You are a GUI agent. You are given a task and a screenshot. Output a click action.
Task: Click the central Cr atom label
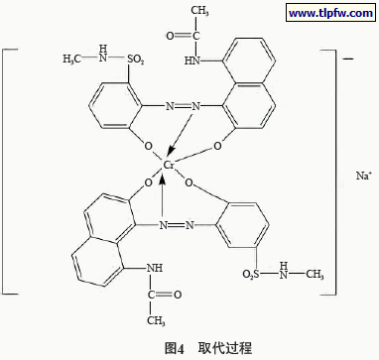point(169,165)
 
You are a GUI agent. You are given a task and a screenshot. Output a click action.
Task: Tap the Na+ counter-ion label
point(363,176)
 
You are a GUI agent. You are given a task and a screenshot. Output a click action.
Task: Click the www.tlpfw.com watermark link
point(330,13)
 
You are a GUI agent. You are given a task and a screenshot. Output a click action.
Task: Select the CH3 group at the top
point(199,11)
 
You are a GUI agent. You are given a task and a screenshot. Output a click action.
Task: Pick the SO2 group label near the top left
point(136,60)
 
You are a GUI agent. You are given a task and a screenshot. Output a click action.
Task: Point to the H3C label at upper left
point(72,60)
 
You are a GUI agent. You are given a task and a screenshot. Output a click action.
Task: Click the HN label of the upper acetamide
point(191,60)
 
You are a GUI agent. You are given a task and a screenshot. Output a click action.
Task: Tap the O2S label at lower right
point(251,274)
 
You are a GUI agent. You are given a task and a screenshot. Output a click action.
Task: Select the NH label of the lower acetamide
point(154,268)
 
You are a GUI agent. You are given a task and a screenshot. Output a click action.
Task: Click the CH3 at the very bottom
point(157,320)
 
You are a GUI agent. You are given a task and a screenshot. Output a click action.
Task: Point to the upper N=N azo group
point(183,106)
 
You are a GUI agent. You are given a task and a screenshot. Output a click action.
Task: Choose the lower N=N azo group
point(177,225)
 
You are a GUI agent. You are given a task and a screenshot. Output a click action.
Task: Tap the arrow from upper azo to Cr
point(180,133)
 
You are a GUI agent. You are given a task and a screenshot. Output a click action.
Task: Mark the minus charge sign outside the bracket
point(348,60)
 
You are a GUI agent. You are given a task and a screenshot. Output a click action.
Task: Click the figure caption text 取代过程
point(225,347)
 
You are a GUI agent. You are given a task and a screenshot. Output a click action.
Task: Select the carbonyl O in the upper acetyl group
point(170,36)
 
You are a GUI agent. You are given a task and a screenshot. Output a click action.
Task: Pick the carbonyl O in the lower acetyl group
point(178,295)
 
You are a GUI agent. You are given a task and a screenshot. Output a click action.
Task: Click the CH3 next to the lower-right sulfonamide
point(315,274)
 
